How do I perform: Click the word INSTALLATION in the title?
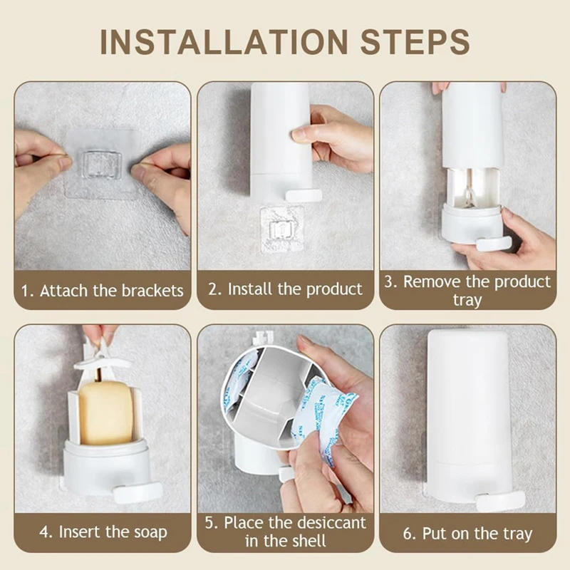pos(224,42)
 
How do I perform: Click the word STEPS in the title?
pos(415,42)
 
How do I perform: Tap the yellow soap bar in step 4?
pos(105,413)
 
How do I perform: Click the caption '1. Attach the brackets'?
pos(102,291)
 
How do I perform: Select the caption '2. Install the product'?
pos(286,289)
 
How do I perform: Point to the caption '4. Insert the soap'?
pos(103,532)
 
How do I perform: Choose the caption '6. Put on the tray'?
pos(468,534)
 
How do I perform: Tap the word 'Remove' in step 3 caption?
pos(432,281)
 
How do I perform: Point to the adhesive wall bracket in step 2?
pos(282,229)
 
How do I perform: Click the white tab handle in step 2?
pos(304,195)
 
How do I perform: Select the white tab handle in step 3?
pos(494,244)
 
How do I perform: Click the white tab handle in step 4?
pos(138,492)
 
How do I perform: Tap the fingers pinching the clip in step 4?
pos(99,333)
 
